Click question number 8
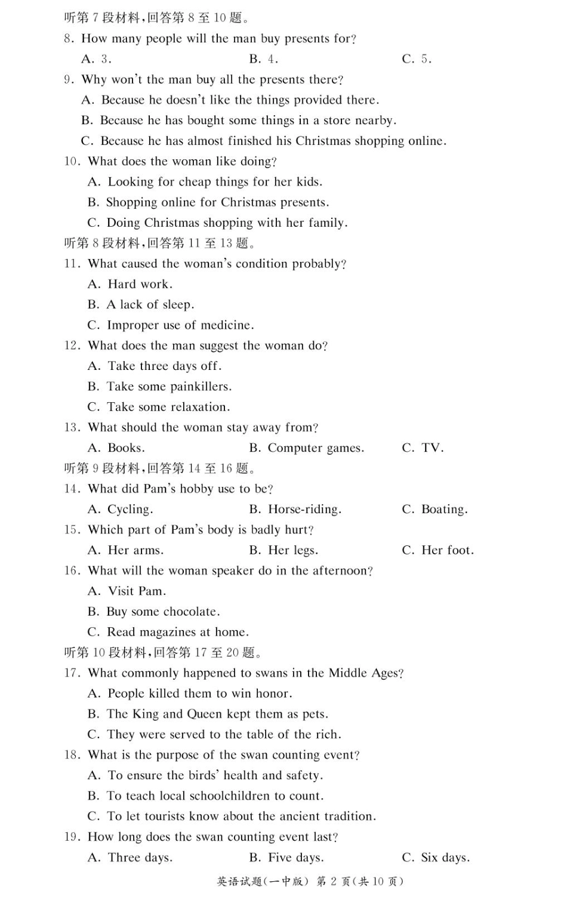click(69, 39)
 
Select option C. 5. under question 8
click(417, 59)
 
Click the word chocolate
click(192, 612)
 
